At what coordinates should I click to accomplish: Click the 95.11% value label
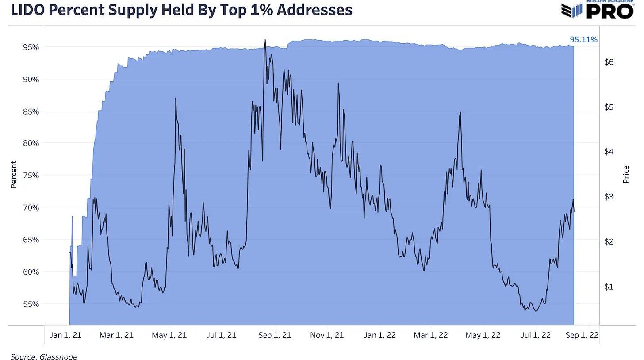(583, 40)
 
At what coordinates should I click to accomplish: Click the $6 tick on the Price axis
(609, 62)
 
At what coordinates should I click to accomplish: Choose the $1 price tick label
(609, 287)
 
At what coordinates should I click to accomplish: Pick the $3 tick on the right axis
(609, 197)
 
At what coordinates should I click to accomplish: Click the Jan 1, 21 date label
(65, 335)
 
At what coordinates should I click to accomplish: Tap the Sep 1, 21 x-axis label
(275, 335)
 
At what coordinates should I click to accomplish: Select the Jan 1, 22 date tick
(379, 335)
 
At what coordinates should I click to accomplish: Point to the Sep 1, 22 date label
(582, 335)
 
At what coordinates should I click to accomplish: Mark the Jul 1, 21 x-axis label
(221, 335)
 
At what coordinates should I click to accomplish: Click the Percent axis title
(13, 175)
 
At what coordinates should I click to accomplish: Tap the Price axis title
(626, 175)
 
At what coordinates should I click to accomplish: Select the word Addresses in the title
(314, 10)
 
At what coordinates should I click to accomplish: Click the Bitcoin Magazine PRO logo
(598, 10)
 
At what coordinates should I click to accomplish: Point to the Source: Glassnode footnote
(43, 356)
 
